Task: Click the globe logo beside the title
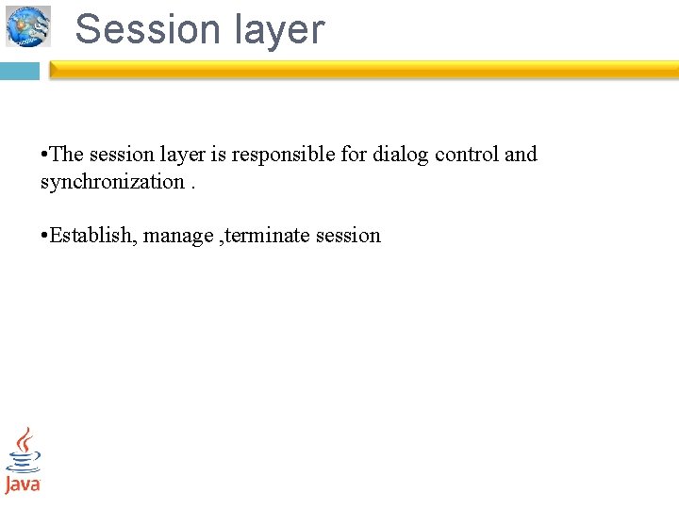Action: [28, 25]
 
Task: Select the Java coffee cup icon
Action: [24, 450]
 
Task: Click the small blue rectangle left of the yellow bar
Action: [19, 71]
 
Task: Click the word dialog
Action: [401, 155]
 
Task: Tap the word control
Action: [467, 155]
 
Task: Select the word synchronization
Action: [112, 182]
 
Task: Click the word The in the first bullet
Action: [67, 155]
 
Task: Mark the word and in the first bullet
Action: [521, 155]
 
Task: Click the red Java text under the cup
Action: [23, 484]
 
